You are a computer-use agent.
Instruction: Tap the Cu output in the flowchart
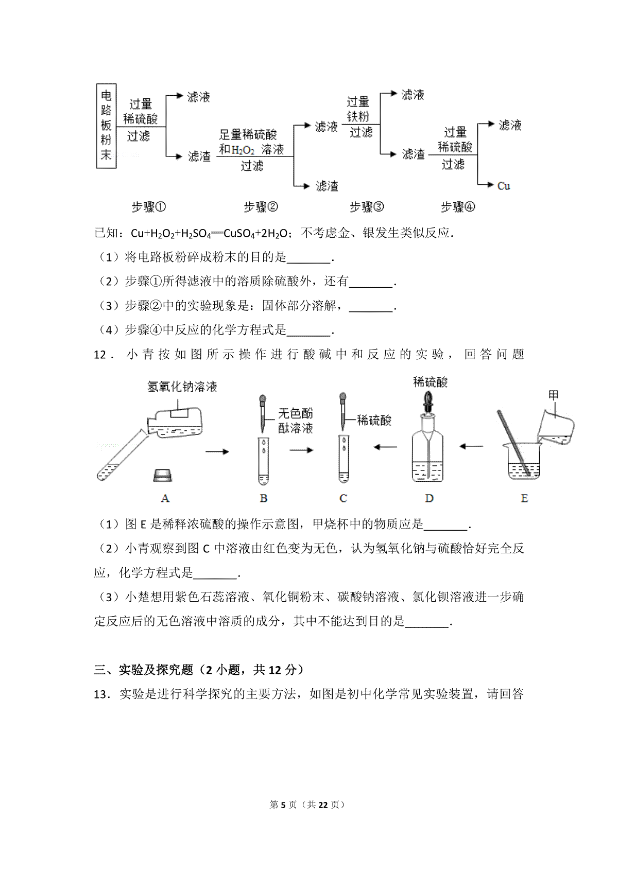[503, 186]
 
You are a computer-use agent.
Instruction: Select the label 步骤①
[148, 207]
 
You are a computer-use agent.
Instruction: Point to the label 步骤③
[367, 207]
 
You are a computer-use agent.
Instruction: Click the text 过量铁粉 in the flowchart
[358, 109]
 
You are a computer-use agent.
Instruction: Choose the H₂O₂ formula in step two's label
[243, 150]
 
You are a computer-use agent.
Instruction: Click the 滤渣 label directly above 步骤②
[327, 186]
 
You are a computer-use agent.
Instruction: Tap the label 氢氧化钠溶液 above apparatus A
[182, 387]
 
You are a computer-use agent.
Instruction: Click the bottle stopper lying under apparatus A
[163, 475]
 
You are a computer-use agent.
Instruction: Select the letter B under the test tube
[263, 498]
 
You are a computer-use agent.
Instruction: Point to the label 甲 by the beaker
[553, 395]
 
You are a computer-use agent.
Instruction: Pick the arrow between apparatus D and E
[471, 446]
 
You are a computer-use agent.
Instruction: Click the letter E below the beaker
[524, 498]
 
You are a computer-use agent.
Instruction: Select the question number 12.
[100, 355]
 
